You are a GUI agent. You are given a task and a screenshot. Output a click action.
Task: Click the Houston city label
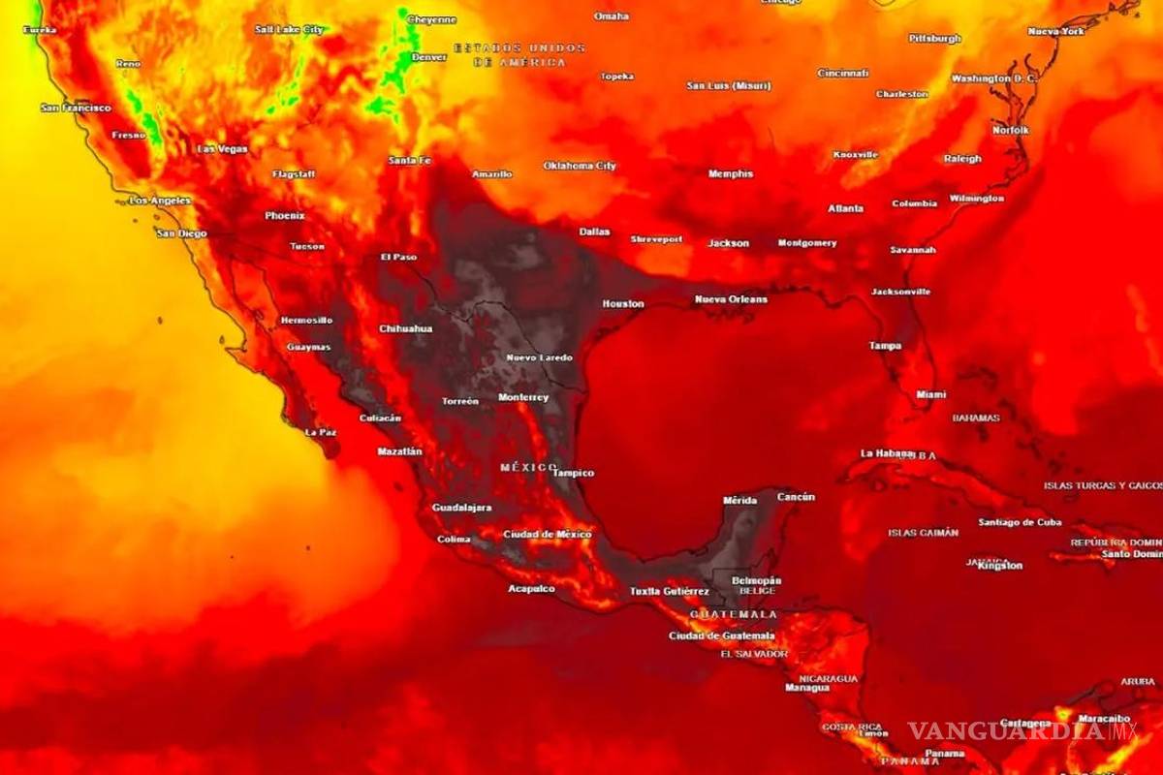(x=623, y=303)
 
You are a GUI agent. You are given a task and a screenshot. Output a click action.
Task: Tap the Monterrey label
(x=523, y=397)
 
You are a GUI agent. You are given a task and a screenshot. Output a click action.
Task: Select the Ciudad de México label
(x=548, y=535)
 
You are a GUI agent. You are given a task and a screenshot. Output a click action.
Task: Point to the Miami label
(x=931, y=394)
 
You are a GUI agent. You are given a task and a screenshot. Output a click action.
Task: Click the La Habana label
(x=886, y=453)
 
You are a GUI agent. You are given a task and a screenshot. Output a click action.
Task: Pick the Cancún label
(x=796, y=497)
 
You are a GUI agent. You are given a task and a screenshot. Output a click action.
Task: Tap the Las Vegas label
(x=222, y=149)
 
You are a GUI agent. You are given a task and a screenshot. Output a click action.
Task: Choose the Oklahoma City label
(x=580, y=166)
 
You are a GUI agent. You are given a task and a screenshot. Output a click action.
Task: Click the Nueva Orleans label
(x=731, y=299)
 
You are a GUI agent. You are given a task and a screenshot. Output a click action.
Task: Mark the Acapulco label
(x=532, y=588)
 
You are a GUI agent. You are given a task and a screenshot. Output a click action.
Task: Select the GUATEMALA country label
(x=734, y=614)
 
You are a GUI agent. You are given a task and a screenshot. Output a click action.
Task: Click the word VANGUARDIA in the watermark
(x=1006, y=730)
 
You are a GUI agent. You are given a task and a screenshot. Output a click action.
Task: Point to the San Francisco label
(x=76, y=108)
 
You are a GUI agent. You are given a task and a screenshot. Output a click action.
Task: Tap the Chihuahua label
(x=405, y=328)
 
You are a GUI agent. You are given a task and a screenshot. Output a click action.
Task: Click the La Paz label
(x=321, y=432)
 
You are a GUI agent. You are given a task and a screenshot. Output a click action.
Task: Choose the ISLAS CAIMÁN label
(x=923, y=532)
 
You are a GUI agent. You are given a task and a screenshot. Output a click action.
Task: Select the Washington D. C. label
(x=994, y=77)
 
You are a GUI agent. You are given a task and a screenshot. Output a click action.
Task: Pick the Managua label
(x=807, y=688)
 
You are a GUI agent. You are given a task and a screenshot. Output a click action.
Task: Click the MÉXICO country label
(x=529, y=467)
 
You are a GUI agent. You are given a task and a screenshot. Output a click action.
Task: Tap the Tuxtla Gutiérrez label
(x=670, y=591)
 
